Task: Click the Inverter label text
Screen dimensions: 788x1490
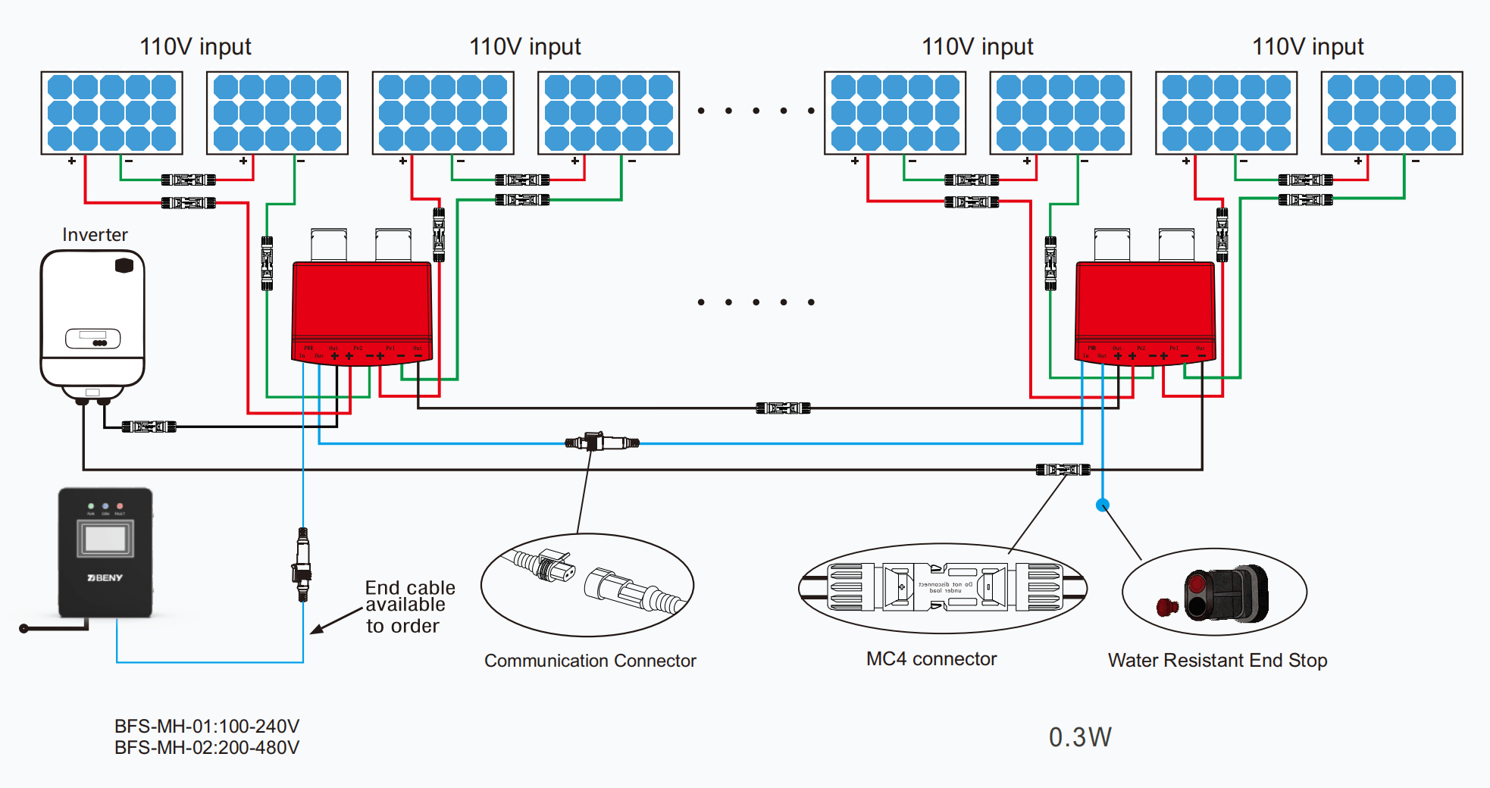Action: click(x=95, y=235)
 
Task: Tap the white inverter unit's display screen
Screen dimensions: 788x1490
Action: click(x=92, y=338)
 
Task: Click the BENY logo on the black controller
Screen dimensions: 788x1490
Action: click(x=105, y=578)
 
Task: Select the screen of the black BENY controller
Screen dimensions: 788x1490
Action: click(x=105, y=539)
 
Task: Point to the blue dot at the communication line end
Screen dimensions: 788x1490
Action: click(x=1103, y=505)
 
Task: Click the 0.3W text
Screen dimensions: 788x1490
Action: click(x=1080, y=737)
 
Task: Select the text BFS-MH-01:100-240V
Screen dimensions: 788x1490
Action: click(x=207, y=726)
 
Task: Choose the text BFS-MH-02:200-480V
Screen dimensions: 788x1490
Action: click(x=207, y=748)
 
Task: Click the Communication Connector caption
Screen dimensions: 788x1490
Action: click(x=590, y=661)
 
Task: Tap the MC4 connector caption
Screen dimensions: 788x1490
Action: click(x=931, y=659)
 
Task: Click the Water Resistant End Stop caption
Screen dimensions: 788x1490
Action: click(x=1217, y=660)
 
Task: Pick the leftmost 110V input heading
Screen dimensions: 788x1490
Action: click(x=196, y=47)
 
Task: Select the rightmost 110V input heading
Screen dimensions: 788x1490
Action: click(x=1307, y=47)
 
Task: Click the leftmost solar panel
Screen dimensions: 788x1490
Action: click(x=112, y=113)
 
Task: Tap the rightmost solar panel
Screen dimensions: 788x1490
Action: click(x=1391, y=113)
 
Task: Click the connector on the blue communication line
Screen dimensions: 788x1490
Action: click(x=602, y=442)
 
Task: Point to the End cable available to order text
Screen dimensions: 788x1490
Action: click(x=410, y=607)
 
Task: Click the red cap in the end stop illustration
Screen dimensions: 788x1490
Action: click(x=1166, y=607)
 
